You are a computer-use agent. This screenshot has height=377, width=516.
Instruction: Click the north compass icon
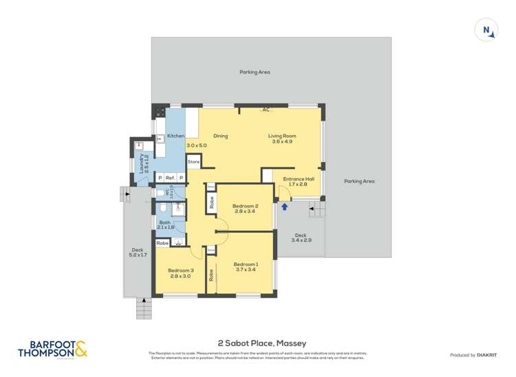487,30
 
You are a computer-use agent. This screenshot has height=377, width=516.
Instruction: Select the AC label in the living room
266,110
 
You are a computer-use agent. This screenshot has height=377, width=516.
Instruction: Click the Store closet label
193,162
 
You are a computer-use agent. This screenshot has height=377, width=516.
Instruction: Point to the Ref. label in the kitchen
171,178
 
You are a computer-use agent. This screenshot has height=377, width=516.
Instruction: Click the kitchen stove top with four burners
160,112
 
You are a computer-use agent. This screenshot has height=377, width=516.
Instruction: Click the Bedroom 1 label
246,265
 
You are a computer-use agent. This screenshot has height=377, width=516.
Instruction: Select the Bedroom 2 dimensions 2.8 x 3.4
245,212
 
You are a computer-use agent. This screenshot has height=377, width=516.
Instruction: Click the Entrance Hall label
299,179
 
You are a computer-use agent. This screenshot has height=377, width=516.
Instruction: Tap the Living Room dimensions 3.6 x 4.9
281,142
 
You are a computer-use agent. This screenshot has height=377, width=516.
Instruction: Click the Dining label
220,136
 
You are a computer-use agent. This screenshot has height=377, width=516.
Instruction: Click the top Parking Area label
254,72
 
